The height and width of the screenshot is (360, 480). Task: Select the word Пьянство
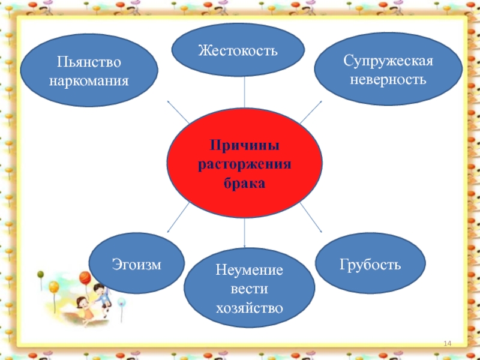(89, 62)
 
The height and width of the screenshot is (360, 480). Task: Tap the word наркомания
(89, 79)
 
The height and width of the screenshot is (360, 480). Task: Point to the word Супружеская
(388, 62)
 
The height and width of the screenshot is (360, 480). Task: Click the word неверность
(388, 79)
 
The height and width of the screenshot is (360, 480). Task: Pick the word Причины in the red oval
(245, 146)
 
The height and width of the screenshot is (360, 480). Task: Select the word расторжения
(245, 164)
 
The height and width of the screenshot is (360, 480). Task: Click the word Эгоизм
(136, 264)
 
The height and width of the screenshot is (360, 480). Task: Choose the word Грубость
(370, 264)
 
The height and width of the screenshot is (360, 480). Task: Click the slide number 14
(447, 343)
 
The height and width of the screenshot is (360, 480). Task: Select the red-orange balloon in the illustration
(85, 278)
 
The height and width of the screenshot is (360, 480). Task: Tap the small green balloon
(41, 275)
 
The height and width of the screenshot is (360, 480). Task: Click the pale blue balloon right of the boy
(121, 302)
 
